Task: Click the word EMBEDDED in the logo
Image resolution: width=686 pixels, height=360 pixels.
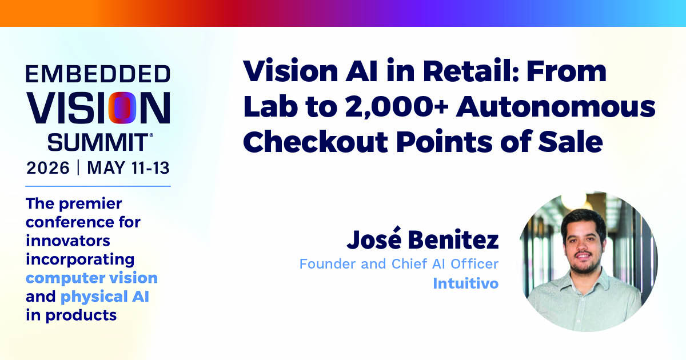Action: point(98,74)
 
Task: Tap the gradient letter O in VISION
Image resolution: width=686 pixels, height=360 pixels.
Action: point(122,108)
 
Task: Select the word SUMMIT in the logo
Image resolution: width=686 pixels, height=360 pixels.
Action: point(98,142)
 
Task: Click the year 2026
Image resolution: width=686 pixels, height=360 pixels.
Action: point(48,168)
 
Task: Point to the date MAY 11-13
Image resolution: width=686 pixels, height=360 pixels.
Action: point(128,168)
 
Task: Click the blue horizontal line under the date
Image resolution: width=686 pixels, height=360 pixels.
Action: point(98,186)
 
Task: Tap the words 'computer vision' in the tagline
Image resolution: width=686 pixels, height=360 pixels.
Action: point(91,278)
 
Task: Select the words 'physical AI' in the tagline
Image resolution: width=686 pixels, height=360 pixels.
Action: point(105,297)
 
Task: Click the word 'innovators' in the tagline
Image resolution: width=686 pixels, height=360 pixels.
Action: point(68,241)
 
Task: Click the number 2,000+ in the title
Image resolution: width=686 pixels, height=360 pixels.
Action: point(397,107)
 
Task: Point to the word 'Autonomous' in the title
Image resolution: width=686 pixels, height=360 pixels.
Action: point(556,107)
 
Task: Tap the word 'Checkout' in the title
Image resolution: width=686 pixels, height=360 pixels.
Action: point(316,142)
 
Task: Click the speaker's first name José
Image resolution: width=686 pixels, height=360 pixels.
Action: point(374,239)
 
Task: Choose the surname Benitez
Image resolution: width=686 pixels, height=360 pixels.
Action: point(453,239)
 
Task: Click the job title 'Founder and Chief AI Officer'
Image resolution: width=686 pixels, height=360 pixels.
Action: point(399,264)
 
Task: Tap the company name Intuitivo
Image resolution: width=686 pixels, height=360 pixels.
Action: point(466,283)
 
